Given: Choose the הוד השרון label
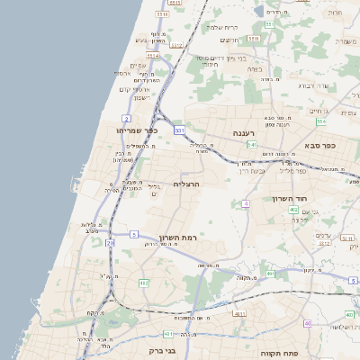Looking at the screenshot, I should click(290, 198).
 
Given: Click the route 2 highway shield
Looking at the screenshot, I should click(128, 118).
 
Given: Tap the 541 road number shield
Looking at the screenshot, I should click(252, 144).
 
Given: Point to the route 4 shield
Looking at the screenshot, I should click(245, 203).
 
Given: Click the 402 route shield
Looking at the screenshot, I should click(293, 210).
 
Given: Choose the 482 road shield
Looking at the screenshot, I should click(144, 283).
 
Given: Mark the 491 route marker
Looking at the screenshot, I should click(269, 274).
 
